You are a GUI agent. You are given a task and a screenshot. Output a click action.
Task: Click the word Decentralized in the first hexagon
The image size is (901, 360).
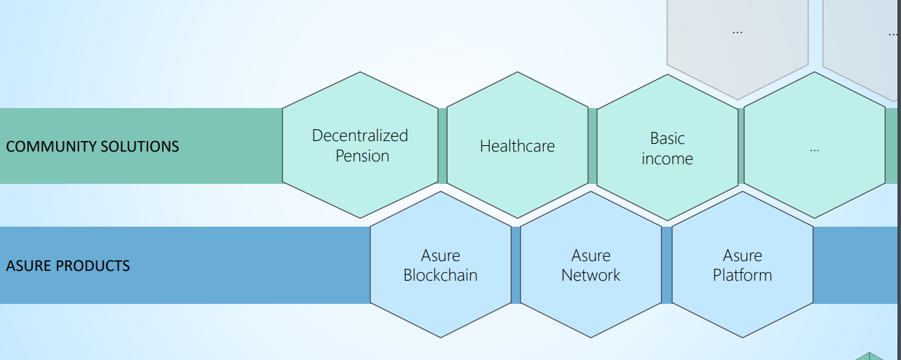pyautogui.click(x=360, y=135)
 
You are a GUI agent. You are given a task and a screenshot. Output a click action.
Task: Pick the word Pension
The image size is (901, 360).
pyautogui.click(x=362, y=156)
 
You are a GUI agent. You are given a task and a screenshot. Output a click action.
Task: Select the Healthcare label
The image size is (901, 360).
pyautogui.click(x=517, y=146)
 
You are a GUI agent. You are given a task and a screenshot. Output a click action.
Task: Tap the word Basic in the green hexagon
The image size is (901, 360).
pyautogui.click(x=667, y=138)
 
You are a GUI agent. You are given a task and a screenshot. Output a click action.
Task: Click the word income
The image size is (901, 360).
pyautogui.click(x=667, y=159)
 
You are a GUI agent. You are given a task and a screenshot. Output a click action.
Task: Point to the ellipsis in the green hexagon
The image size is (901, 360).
pyautogui.click(x=814, y=150)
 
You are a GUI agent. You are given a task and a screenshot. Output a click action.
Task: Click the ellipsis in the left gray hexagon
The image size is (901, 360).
pyautogui.click(x=738, y=32)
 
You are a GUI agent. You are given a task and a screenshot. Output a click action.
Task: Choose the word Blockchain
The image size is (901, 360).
pyautogui.click(x=441, y=276)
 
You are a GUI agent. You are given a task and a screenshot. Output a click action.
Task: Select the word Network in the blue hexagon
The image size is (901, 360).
pyautogui.click(x=590, y=276)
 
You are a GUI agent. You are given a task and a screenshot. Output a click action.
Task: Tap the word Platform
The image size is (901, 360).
pyautogui.click(x=742, y=276)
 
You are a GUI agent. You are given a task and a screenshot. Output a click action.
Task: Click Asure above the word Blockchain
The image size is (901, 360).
pyautogui.click(x=441, y=256)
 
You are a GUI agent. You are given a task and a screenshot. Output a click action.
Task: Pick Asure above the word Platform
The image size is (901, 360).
pyautogui.click(x=742, y=256)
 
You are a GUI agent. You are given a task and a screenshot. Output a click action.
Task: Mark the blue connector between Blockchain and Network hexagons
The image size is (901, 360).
pyautogui.click(x=516, y=265)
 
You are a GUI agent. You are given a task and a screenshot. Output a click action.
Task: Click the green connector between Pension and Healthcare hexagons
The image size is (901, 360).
pyautogui.click(x=443, y=146)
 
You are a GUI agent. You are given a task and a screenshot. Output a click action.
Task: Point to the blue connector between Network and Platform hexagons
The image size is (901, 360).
pyautogui.click(x=667, y=265)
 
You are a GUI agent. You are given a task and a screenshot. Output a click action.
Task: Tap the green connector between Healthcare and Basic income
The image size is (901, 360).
pyautogui.click(x=592, y=146)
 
